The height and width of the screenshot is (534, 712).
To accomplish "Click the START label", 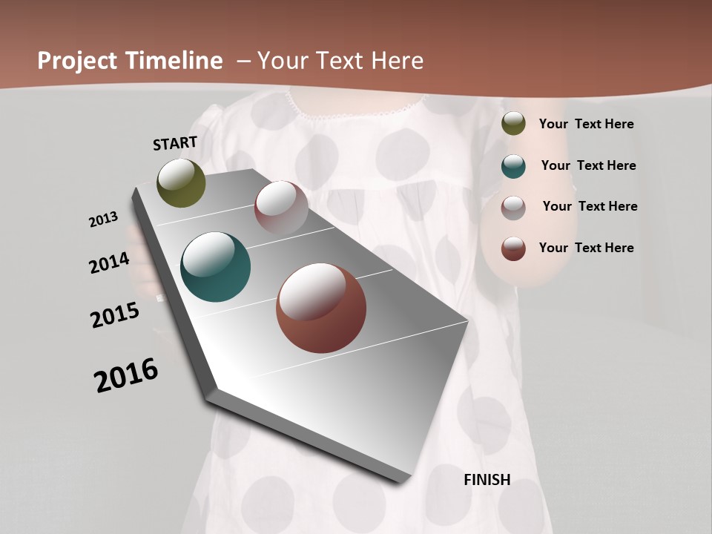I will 175,143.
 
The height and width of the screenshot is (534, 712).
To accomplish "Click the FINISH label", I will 487,480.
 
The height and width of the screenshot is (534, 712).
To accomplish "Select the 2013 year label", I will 104,220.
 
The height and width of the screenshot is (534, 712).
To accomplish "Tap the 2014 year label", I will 110,263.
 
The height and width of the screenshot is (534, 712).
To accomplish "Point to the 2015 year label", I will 115,315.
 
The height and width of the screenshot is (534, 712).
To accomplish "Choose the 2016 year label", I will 126,375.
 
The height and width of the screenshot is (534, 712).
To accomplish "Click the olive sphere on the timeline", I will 182,182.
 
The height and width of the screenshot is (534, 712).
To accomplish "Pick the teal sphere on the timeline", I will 215,267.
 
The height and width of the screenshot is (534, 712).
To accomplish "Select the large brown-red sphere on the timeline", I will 321,308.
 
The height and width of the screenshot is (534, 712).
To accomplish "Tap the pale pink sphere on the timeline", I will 281,208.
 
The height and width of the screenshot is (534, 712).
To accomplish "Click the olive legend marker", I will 513,124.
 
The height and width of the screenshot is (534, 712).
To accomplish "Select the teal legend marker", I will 513,165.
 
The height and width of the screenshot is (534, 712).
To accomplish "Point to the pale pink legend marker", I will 513,207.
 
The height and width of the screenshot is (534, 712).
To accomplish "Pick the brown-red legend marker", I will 513,248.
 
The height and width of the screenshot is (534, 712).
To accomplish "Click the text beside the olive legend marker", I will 586,124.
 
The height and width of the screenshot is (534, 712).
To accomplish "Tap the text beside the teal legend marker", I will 588,165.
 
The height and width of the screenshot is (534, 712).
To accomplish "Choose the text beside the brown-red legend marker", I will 586,248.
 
